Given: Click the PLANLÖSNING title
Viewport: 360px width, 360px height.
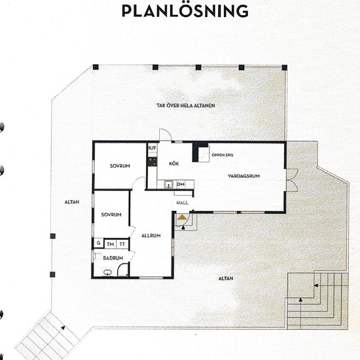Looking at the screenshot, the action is [185, 10].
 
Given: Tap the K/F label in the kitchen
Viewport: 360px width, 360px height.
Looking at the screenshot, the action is [153, 148].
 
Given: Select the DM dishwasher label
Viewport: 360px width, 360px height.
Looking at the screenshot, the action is [181, 184].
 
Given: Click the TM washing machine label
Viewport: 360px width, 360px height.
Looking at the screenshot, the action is [111, 244].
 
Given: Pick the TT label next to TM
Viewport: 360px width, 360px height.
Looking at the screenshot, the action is [122, 244].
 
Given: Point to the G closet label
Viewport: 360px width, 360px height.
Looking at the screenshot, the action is [99, 243].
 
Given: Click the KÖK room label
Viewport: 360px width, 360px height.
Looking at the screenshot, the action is [174, 164].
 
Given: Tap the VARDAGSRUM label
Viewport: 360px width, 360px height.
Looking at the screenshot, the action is [244, 176].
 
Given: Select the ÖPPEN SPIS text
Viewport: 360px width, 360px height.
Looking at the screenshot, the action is [223, 155].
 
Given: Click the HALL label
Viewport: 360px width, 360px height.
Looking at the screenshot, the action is [183, 203].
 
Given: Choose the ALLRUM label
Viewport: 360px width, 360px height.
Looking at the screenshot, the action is [151, 236].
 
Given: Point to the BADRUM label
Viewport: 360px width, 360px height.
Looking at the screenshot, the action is [113, 258].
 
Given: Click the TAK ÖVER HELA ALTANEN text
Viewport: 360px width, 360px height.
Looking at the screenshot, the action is [186, 105].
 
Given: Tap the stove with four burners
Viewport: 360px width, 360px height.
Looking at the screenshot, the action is [153, 162].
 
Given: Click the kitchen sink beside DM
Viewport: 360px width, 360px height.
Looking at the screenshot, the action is [169, 185].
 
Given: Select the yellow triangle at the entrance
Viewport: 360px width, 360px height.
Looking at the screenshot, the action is [182, 217].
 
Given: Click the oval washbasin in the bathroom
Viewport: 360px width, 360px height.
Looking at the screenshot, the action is [107, 272].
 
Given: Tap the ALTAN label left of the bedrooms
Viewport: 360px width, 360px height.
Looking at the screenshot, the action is [72, 202].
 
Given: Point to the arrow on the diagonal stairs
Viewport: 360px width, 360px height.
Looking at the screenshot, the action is [63, 328].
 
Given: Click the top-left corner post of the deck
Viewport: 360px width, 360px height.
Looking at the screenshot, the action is [96, 67].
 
